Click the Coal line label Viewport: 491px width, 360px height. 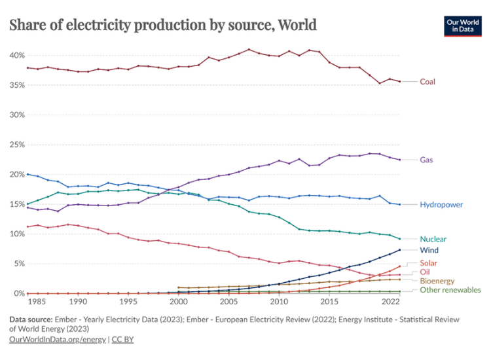(427, 82)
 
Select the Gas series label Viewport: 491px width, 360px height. (426, 160)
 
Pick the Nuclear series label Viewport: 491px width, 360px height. (433, 240)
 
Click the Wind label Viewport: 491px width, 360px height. (429, 250)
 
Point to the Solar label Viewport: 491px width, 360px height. (429, 262)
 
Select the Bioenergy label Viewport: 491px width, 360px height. (437, 281)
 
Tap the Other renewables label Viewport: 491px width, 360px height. (450, 290)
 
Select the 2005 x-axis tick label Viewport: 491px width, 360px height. (228, 303)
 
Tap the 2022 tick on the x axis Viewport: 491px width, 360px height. (390, 303)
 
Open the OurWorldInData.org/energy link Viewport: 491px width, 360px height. (56, 340)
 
